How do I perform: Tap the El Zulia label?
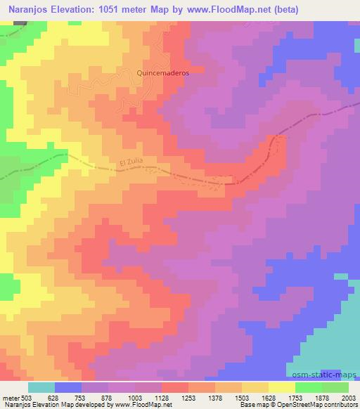(131, 164)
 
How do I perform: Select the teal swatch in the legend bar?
(41, 388)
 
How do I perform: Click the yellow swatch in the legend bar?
(282, 388)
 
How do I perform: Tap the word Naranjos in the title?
(29, 10)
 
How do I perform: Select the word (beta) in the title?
(282, 10)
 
